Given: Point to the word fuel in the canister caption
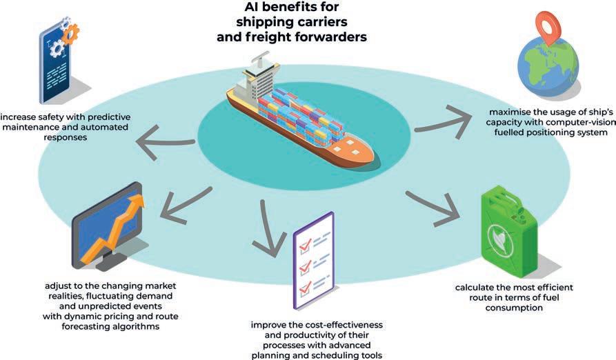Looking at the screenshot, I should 549,298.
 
